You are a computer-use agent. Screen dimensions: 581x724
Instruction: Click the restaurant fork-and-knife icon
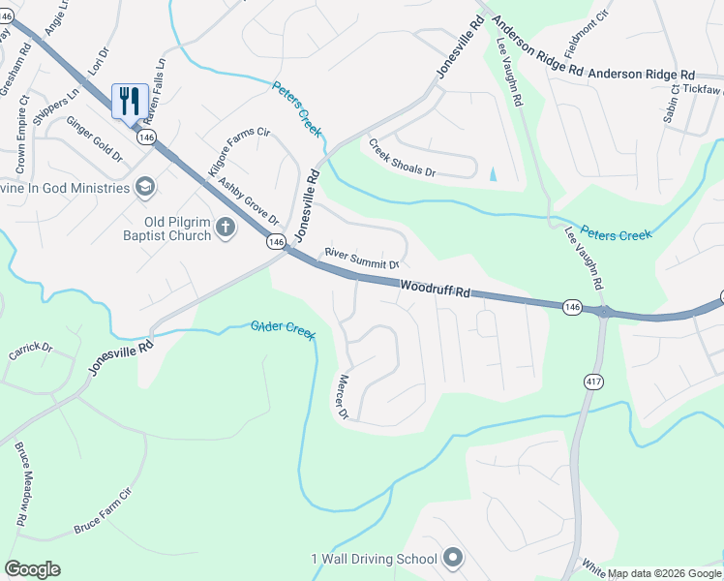click(130, 100)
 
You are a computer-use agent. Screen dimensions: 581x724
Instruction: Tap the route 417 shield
click(588, 382)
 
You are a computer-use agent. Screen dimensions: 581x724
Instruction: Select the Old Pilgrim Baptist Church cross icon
click(226, 229)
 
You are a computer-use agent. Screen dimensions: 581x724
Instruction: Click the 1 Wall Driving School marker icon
click(452, 558)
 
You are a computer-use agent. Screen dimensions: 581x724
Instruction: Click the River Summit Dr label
click(363, 258)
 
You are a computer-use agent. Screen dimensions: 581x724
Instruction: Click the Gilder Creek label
click(284, 329)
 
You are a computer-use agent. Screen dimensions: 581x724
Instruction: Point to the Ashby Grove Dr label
click(248, 200)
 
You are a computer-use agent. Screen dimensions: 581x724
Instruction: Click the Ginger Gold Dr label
click(94, 139)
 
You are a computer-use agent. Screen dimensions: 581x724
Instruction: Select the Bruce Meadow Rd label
click(20, 484)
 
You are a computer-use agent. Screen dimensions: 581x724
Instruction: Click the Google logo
click(32, 569)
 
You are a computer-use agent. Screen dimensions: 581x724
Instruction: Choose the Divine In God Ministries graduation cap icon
click(144, 186)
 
